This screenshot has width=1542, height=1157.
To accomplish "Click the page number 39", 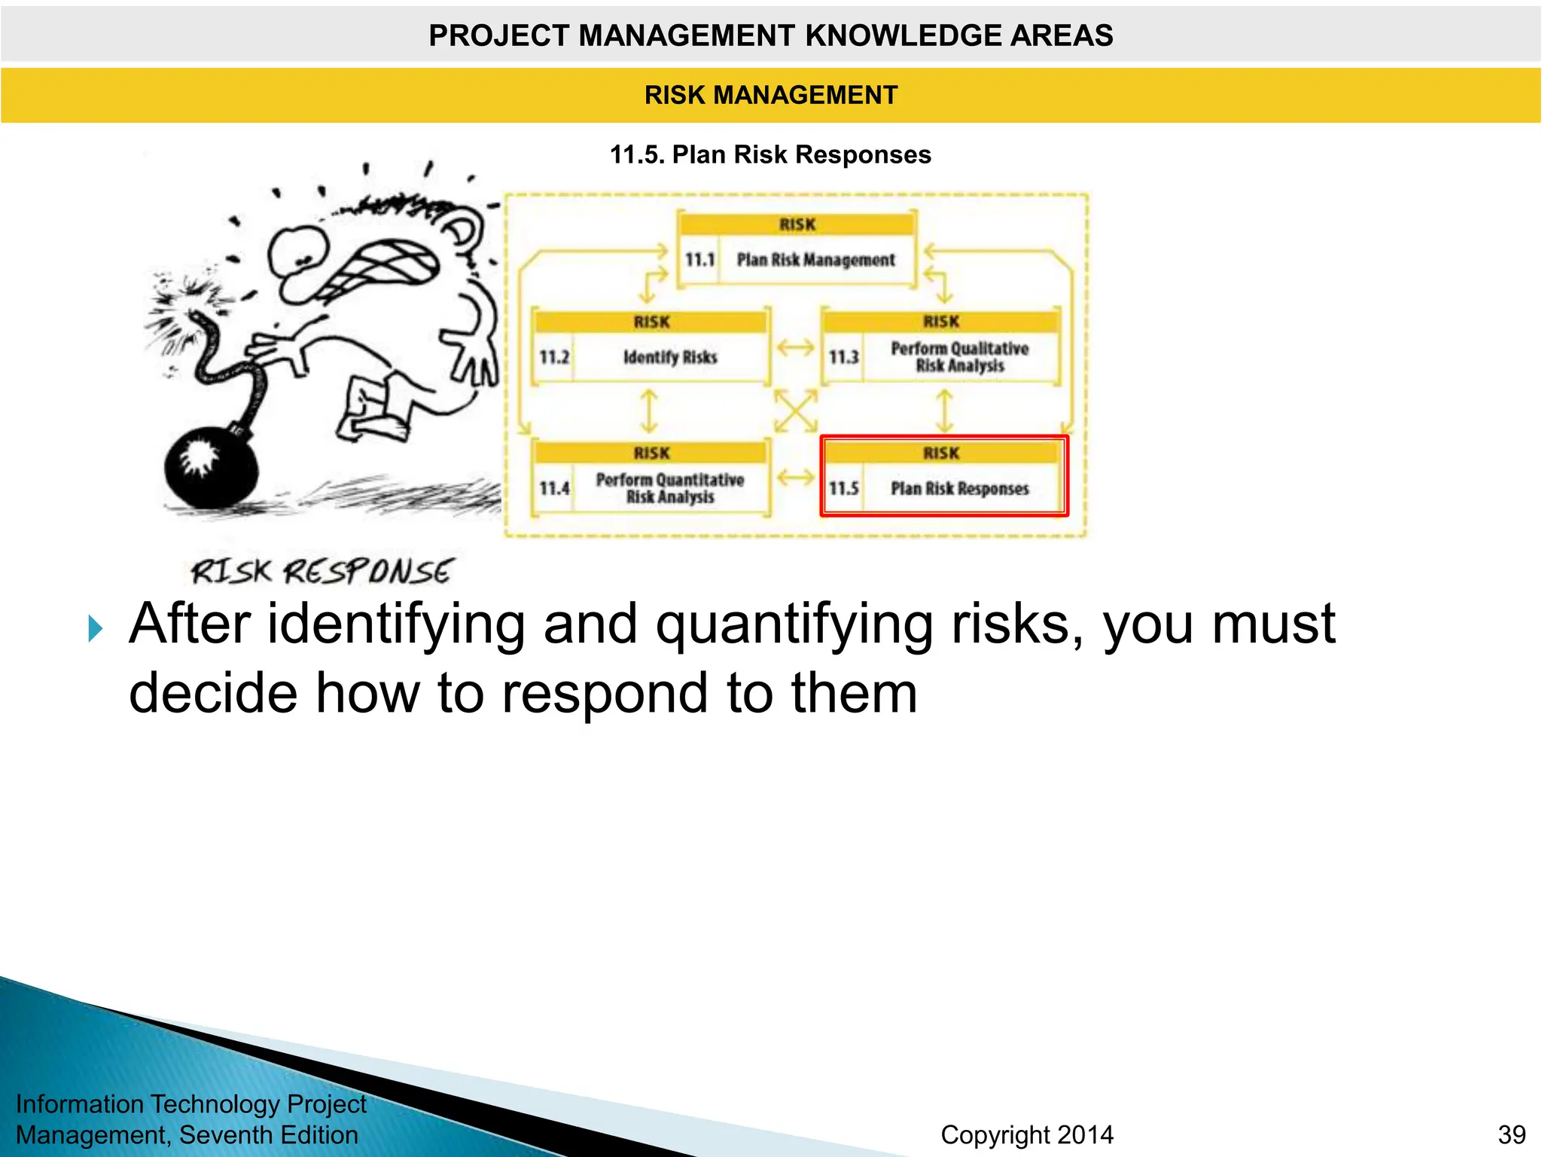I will (1511, 1134).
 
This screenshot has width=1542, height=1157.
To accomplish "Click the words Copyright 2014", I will (1026, 1134).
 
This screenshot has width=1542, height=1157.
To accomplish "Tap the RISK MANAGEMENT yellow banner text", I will (770, 95).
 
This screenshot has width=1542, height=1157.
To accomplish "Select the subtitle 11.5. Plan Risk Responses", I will (770, 154).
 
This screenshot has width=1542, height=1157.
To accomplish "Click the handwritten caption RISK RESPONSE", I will (322, 572).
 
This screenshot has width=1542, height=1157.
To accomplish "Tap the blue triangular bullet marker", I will (95, 628).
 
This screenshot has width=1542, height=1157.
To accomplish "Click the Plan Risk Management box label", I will (815, 260).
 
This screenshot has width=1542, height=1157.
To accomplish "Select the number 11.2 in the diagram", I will (554, 357).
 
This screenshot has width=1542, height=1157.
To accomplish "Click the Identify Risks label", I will (670, 357).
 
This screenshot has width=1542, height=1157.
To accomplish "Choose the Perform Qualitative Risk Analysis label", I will (959, 357).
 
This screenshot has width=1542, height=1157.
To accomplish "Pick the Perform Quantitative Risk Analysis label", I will (670, 488).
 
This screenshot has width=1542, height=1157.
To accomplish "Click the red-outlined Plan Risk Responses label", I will (959, 489).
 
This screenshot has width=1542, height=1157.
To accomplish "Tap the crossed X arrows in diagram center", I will (795, 411).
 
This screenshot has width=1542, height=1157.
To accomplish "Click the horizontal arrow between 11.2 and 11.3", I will (795, 347).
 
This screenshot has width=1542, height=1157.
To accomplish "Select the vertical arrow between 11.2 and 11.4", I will (649, 411).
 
